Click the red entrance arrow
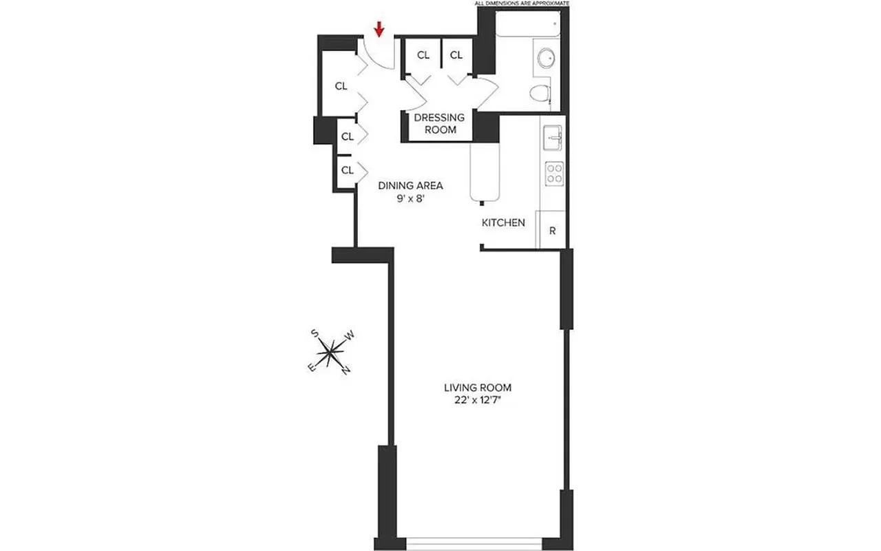point(379,29)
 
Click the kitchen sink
point(553,138)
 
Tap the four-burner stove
point(554,173)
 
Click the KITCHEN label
point(503,222)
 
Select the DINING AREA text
point(410,185)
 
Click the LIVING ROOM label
point(478,388)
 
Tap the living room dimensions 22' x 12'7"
point(478,402)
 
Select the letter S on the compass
point(315,333)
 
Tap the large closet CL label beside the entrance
point(341,86)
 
